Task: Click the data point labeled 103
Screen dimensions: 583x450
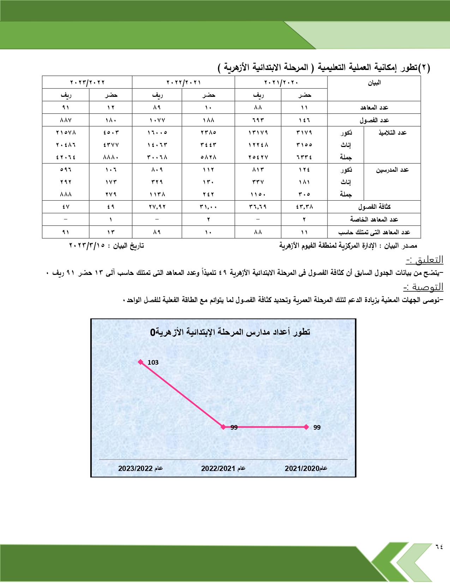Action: click(141, 362)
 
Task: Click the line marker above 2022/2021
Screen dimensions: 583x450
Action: click(223, 427)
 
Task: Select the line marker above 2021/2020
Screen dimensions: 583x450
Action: click(306, 427)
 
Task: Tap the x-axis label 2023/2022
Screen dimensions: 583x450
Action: click(140, 469)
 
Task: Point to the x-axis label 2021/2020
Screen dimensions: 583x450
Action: click(306, 469)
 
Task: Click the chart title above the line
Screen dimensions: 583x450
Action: click(230, 332)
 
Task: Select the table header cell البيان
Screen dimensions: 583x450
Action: click(374, 83)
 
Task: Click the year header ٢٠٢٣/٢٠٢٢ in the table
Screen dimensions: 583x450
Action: click(87, 82)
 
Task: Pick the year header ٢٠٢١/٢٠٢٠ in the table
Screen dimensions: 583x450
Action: click(281, 82)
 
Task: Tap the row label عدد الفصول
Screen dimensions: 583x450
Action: click(374, 120)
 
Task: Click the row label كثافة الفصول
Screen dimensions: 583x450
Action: click(374, 207)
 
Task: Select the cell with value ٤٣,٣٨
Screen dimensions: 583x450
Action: click(304, 207)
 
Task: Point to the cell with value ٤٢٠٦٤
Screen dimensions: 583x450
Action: click(66, 157)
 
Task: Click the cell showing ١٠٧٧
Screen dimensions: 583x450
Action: click(157, 120)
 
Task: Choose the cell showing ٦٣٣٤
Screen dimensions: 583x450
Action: click(304, 157)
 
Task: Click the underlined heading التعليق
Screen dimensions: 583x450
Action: click(425, 260)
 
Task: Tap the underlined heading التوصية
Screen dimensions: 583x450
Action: click(424, 287)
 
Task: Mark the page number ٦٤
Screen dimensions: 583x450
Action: click(439, 547)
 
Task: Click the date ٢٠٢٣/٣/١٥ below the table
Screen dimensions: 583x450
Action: click(87, 246)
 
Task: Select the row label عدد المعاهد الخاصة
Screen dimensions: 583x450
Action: click(374, 219)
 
